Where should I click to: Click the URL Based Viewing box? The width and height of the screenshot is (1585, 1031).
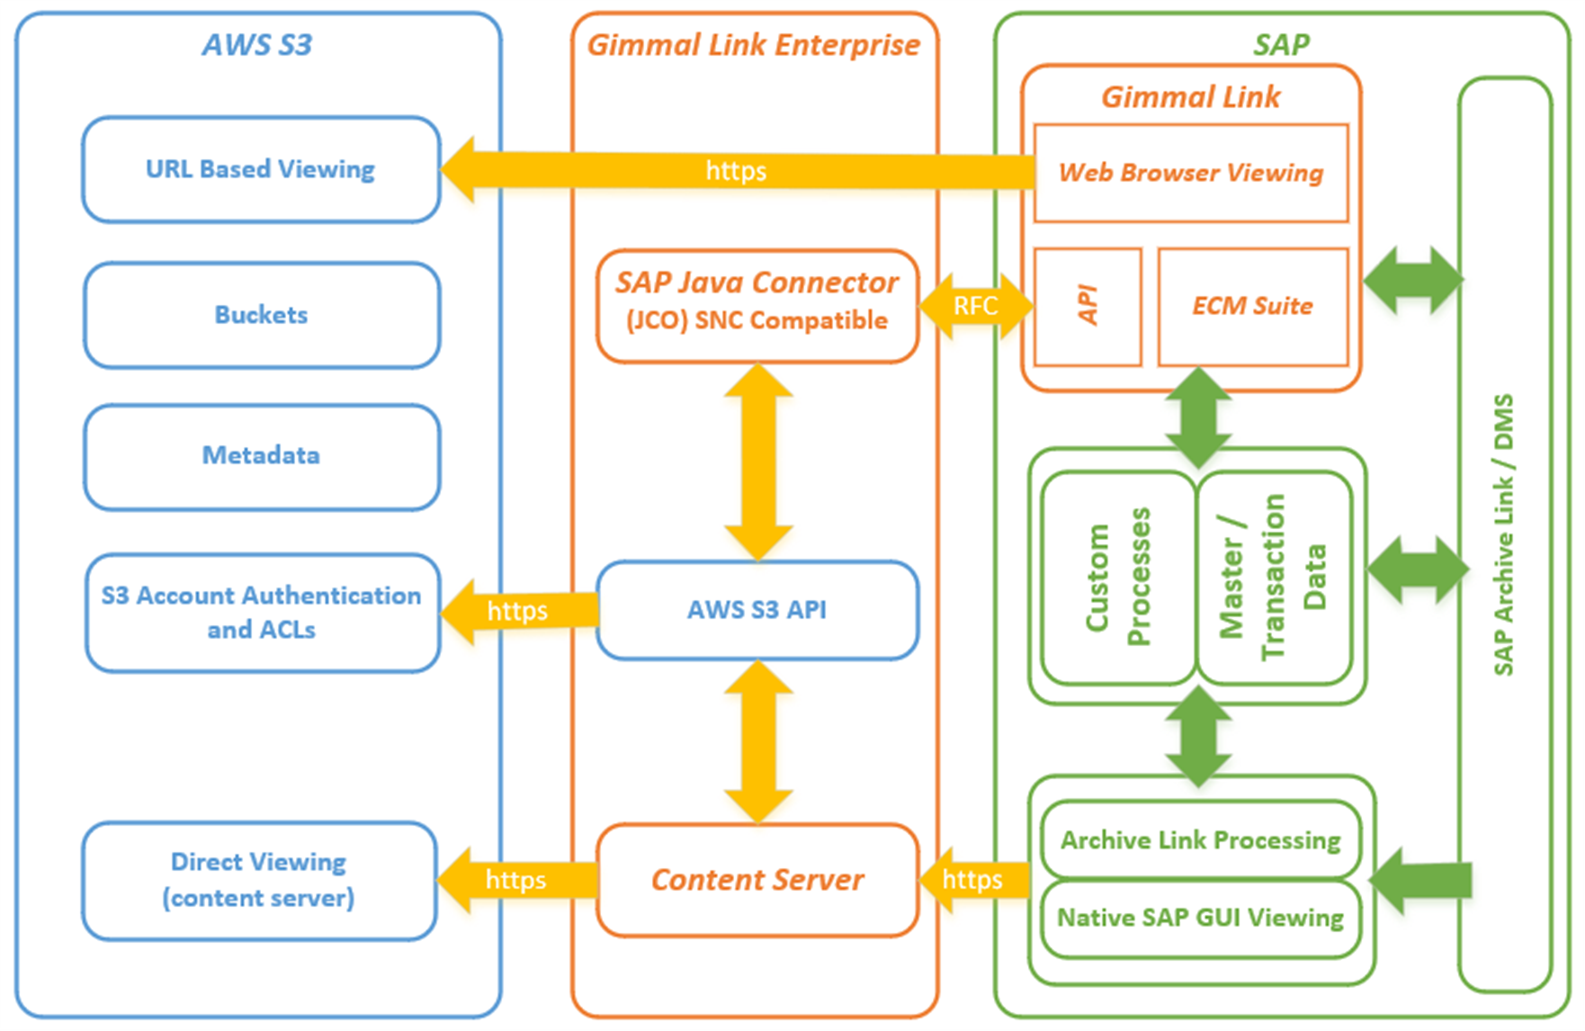(x=261, y=169)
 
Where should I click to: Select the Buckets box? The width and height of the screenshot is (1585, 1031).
(x=261, y=315)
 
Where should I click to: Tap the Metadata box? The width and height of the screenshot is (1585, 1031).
(x=261, y=456)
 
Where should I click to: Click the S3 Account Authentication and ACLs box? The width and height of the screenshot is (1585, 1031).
(x=262, y=613)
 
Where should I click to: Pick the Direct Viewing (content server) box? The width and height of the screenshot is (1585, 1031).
(x=259, y=880)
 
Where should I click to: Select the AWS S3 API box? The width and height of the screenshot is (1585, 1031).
(x=757, y=610)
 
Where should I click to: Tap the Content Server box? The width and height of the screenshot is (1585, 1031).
(x=757, y=880)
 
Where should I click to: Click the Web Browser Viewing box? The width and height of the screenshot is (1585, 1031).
(x=1190, y=173)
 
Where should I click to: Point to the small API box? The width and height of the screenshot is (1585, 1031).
(x=1088, y=307)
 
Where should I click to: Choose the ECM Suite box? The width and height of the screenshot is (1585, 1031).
(x=1252, y=307)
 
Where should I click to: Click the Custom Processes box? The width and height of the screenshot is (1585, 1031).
(x=1118, y=577)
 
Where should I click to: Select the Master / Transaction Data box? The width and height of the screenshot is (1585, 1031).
(x=1274, y=577)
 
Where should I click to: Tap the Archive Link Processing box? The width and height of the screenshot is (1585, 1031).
(x=1200, y=840)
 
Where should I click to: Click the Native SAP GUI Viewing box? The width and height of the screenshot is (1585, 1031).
(x=1200, y=919)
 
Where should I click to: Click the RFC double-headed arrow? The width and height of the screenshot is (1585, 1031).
(x=975, y=306)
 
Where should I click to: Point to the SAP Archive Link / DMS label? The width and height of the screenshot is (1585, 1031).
(x=1504, y=535)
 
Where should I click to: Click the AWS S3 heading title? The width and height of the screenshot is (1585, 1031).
(x=257, y=45)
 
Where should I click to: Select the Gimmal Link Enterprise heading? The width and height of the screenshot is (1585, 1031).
(x=754, y=45)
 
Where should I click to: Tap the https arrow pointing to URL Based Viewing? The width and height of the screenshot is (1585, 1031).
(x=736, y=170)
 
